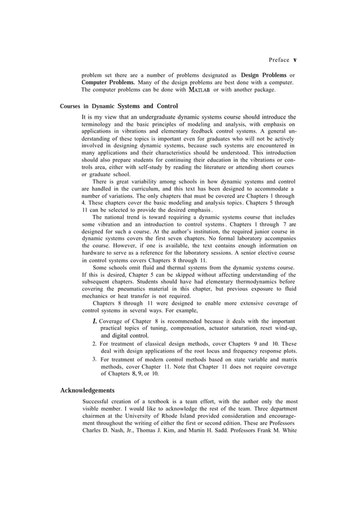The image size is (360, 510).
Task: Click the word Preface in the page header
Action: (279, 60)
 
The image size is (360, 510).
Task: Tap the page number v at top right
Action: (295, 60)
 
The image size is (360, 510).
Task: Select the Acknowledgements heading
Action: (87, 390)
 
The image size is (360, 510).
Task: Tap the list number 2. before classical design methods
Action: (94, 343)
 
